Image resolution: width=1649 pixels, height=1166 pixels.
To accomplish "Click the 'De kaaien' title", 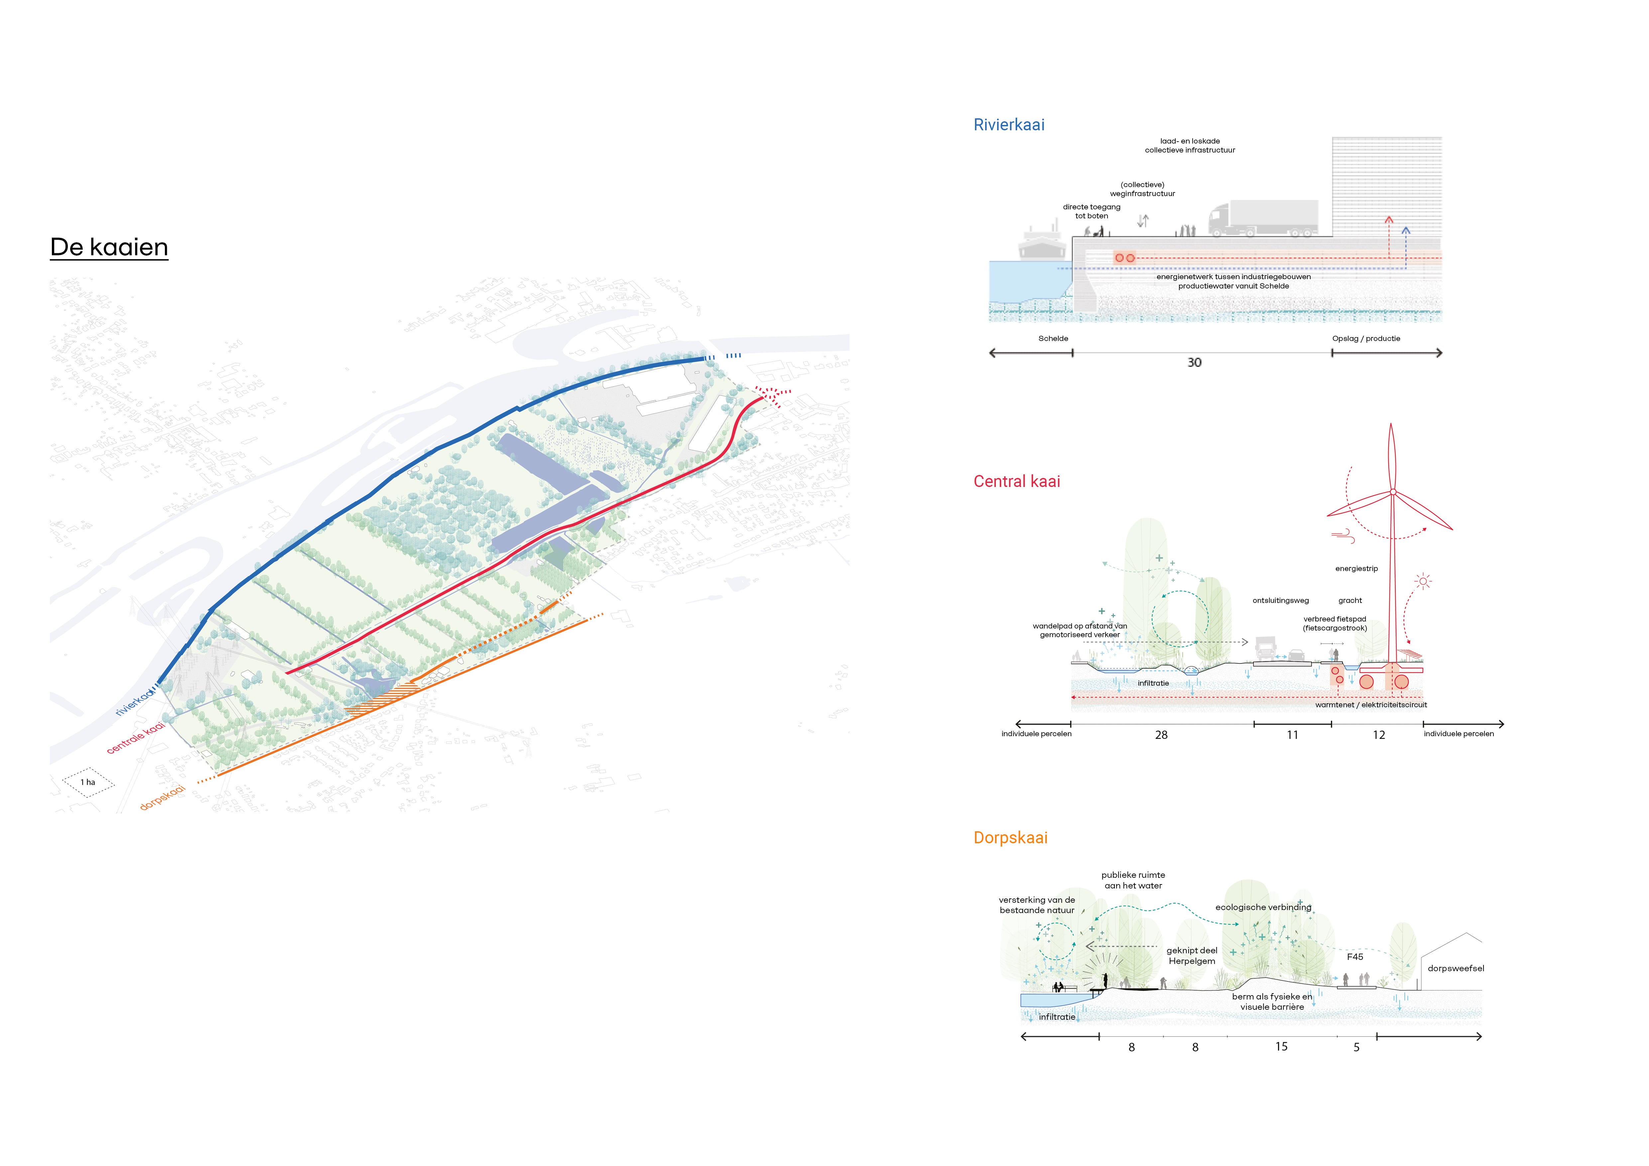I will point(109,247).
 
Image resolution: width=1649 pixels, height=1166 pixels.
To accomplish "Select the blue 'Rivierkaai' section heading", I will point(1008,125).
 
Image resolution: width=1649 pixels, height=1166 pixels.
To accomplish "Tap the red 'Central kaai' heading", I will point(1016,482).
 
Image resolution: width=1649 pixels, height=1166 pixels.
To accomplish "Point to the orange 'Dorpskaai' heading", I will point(1010,838).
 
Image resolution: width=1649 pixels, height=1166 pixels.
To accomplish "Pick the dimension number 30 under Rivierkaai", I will point(1194,363).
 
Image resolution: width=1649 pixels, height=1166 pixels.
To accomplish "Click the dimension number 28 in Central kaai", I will point(1161,735).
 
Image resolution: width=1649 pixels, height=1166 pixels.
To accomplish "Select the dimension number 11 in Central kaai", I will point(1292,735).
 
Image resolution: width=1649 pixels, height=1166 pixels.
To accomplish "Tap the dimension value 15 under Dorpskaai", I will point(1281,1047).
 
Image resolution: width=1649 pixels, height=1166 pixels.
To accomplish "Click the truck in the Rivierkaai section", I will point(1263,219).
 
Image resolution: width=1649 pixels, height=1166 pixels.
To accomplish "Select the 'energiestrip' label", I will point(1356,569).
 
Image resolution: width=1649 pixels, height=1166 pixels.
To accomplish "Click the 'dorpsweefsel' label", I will point(1455,969).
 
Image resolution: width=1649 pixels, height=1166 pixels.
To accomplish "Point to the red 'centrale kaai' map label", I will point(136,738).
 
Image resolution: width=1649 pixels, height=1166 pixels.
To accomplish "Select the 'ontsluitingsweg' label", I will point(1281,601).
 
